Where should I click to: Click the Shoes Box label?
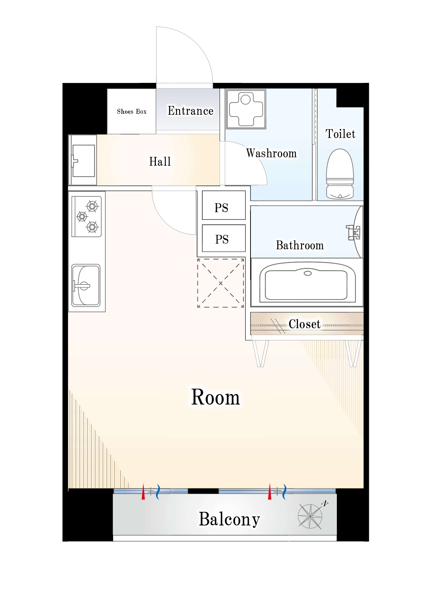coord(132,112)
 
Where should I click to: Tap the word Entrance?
coord(190,111)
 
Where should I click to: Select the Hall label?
coord(160,162)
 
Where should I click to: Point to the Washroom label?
coord(271,153)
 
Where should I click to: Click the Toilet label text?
coord(340,134)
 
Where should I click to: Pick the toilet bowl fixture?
coord(340,174)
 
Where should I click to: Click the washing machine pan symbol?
coord(246,109)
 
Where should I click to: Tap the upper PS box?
coord(224,205)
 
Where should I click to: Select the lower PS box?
coord(224,238)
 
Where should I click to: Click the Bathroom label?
coord(300,245)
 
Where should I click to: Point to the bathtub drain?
coord(308,273)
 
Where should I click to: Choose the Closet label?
coord(304,324)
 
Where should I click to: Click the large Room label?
coord(215,397)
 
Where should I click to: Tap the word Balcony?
coord(229,519)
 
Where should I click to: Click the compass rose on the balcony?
coord(310,516)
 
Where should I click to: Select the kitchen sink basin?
coord(86,286)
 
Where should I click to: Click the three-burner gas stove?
coord(87,216)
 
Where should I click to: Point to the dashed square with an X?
coord(221,283)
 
